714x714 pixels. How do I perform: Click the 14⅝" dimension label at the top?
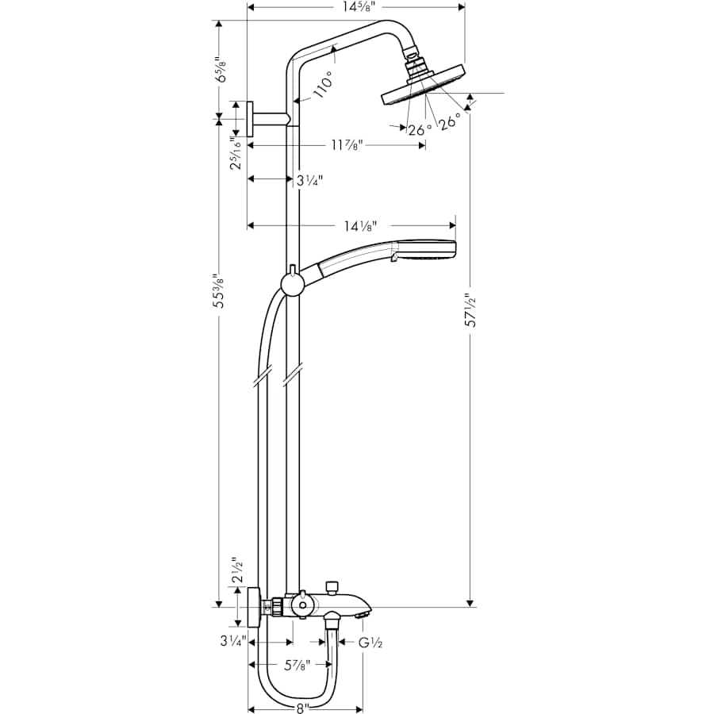coord(355,7)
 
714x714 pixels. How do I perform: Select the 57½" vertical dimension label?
coord(471,311)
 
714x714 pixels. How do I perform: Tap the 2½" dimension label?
coord(236,570)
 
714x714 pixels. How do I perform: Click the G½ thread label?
coord(370,643)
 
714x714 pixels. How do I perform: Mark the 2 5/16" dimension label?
coord(235,153)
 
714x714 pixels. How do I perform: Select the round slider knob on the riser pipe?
coord(292,283)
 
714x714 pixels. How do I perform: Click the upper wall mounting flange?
coord(250,120)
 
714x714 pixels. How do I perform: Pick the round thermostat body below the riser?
coord(301,607)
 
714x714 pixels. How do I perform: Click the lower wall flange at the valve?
coord(253,608)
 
